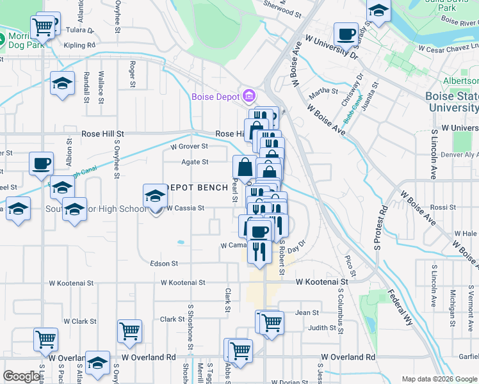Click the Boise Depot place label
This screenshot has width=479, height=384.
tap(215, 97)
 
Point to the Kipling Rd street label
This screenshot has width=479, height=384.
tap(80, 45)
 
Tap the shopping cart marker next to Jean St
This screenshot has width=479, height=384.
tap(272, 321)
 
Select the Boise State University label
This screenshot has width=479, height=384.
tap(452, 102)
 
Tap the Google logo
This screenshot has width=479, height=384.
tap(22, 376)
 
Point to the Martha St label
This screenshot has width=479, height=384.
tap(323, 91)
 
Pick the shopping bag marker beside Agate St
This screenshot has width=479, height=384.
tap(245, 168)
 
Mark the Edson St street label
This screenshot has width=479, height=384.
tap(164, 264)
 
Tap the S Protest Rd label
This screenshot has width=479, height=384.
tap(380, 228)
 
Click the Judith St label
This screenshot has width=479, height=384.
tap(323, 328)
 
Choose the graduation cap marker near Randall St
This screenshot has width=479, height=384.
tap(62, 84)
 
